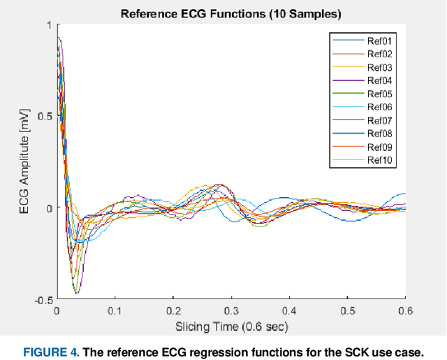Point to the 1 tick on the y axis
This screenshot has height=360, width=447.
tap(48, 25)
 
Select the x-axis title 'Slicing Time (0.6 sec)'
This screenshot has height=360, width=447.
tap(230, 326)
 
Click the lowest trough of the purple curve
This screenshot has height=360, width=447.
tap(77, 292)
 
